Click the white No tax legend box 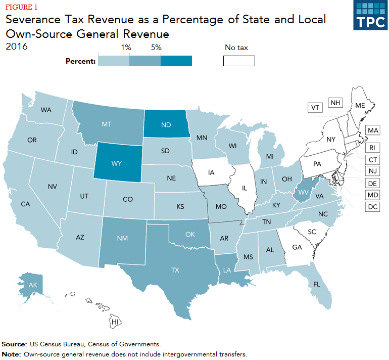[x=239, y=61]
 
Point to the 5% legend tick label [x=156, y=48]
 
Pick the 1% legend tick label [x=126, y=48]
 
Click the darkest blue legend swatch [x=176, y=61]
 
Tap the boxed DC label [x=373, y=207]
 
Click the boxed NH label [x=335, y=103]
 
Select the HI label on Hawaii [x=115, y=322]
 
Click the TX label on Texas [x=175, y=270]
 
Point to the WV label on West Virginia [x=303, y=192]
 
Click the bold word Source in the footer [x=15, y=344]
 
